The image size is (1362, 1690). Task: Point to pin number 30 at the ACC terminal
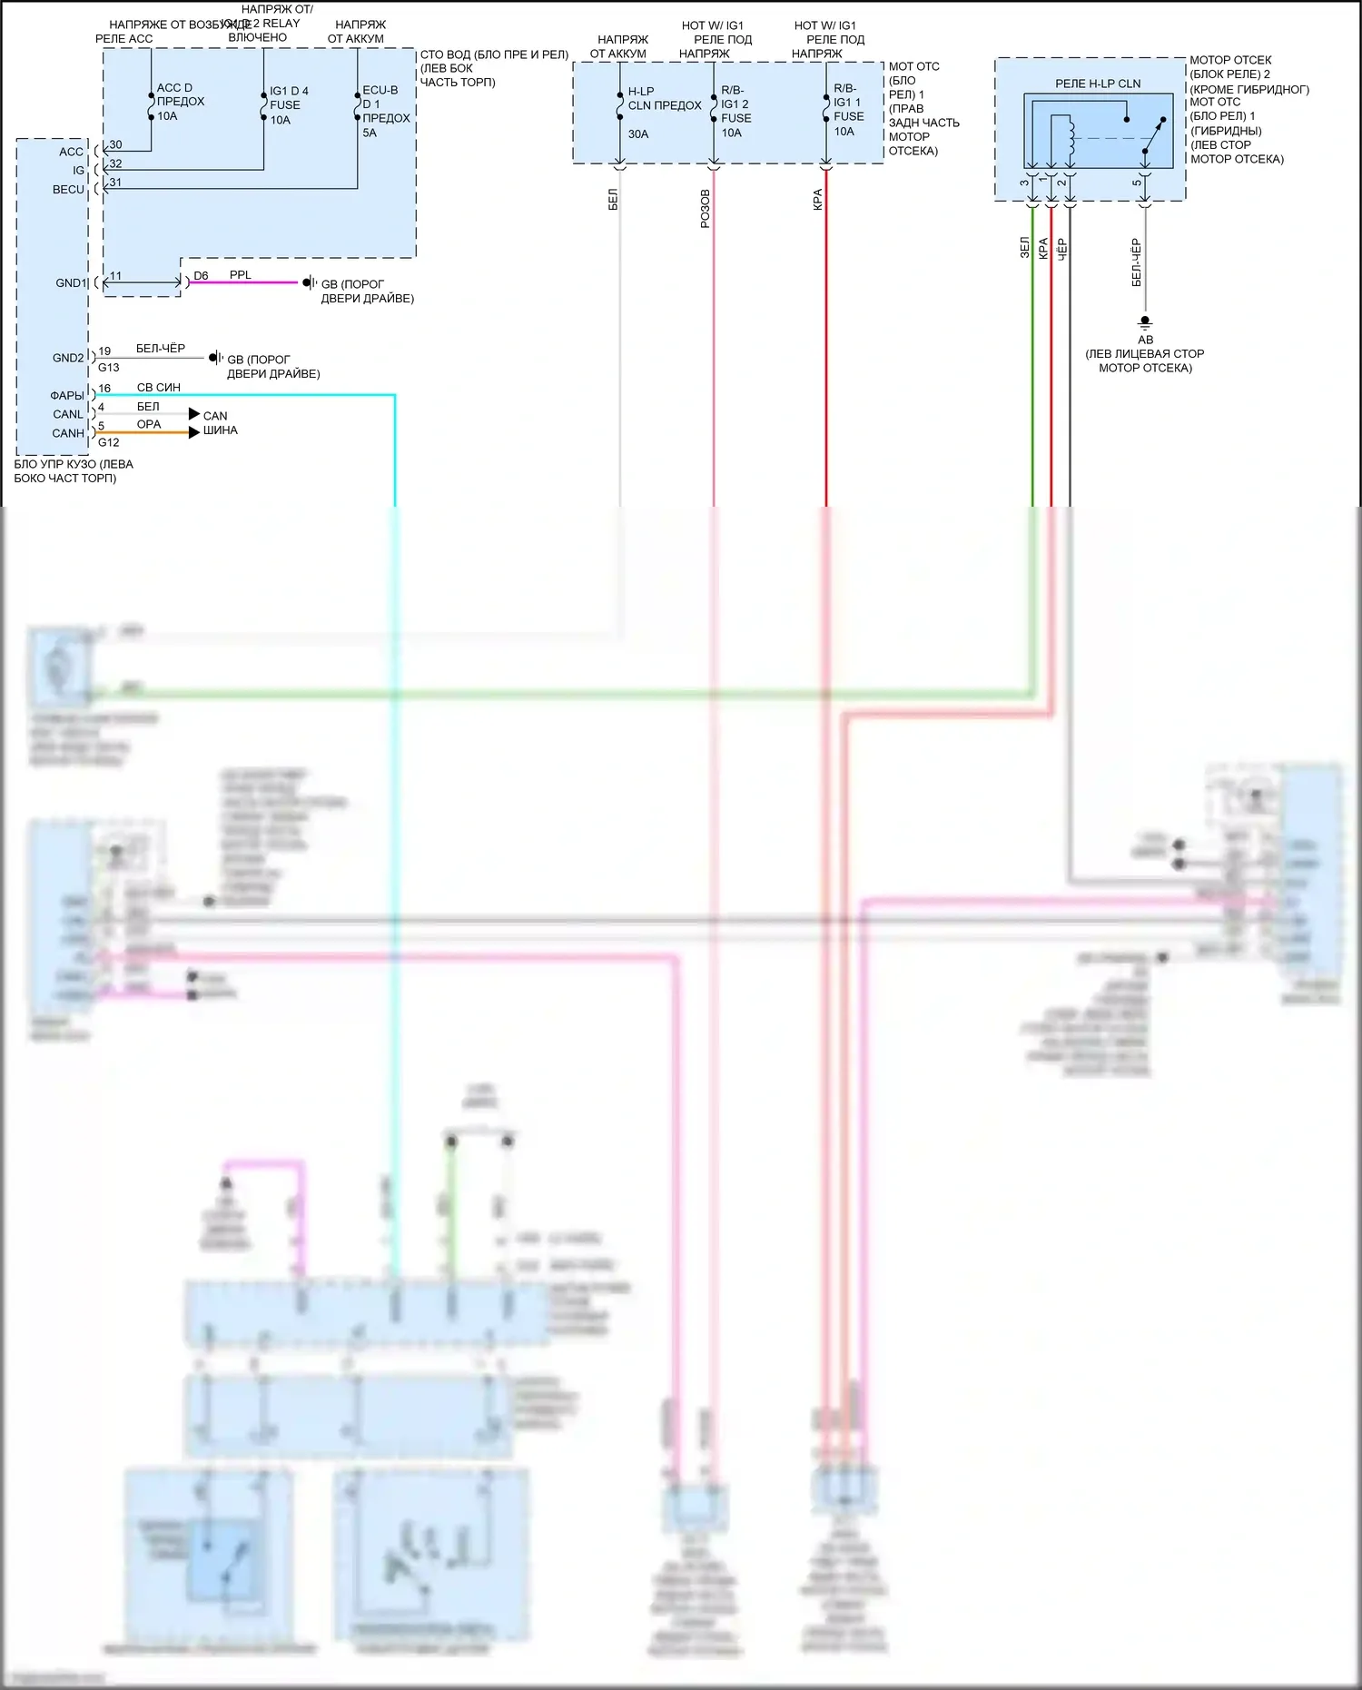[x=115, y=144]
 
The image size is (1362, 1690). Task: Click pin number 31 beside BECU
[x=115, y=182]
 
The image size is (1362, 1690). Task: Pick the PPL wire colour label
[x=240, y=274]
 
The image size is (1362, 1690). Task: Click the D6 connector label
[x=201, y=275]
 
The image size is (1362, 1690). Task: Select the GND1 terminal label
[x=70, y=282]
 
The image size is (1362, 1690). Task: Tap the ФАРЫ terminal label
[x=67, y=395]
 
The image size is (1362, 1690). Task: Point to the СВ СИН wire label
[x=159, y=387]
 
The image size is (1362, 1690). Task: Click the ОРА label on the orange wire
[x=149, y=424]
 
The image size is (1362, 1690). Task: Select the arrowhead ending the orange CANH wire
[x=194, y=432]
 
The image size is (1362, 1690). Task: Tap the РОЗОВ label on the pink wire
[x=705, y=208]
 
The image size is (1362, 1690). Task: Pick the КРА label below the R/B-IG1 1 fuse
[x=817, y=200]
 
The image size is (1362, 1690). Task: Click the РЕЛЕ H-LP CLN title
[x=1098, y=84]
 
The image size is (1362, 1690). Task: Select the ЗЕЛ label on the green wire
[x=1024, y=247]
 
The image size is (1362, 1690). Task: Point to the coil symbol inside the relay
[x=1071, y=136]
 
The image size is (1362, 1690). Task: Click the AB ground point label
[x=1145, y=340]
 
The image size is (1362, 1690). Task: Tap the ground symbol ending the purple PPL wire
[x=309, y=282]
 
